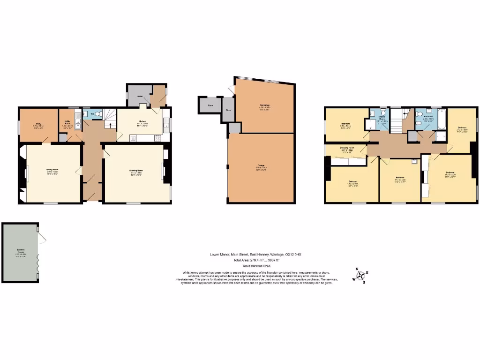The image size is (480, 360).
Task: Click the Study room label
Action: [38, 125]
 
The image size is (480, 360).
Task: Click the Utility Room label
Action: [67, 125]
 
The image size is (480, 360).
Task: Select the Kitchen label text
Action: [142, 121]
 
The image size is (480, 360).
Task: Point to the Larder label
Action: [139, 96]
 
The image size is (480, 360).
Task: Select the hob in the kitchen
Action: [157, 138]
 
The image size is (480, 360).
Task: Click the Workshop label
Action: [264, 105]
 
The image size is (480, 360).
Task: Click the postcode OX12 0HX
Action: [294, 254]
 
